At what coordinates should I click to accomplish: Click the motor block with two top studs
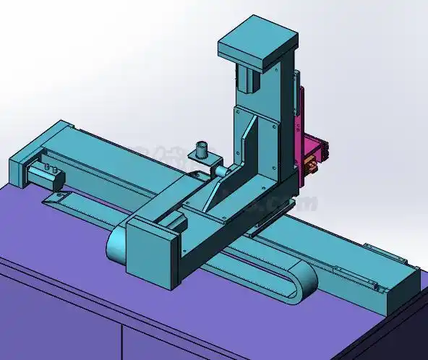(45, 173)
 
